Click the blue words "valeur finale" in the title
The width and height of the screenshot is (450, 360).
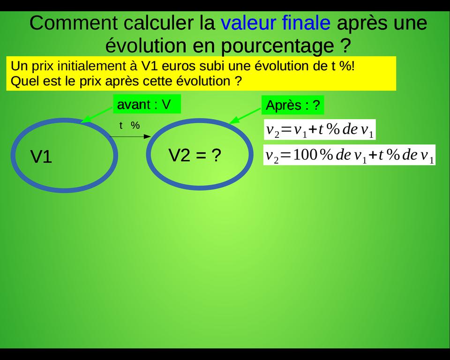click(x=276, y=22)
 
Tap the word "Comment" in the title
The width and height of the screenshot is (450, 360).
click(x=74, y=23)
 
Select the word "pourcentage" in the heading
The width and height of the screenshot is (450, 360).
click(x=277, y=46)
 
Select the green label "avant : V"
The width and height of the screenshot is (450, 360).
click(x=147, y=104)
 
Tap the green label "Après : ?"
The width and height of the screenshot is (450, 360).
click(x=292, y=105)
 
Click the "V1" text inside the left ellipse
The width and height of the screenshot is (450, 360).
click(x=41, y=157)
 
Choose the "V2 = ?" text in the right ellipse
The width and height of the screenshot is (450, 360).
click(x=195, y=155)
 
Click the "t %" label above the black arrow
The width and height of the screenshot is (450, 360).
click(x=129, y=125)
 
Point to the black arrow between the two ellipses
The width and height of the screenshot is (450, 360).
click(x=130, y=136)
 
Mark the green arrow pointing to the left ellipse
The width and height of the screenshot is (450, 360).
click(x=97, y=115)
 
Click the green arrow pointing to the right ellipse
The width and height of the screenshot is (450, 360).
click(x=245, y=116)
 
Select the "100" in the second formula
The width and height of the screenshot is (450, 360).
click(x=305, y=155)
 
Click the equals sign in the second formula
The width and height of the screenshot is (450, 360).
click(x=286, y=155)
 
